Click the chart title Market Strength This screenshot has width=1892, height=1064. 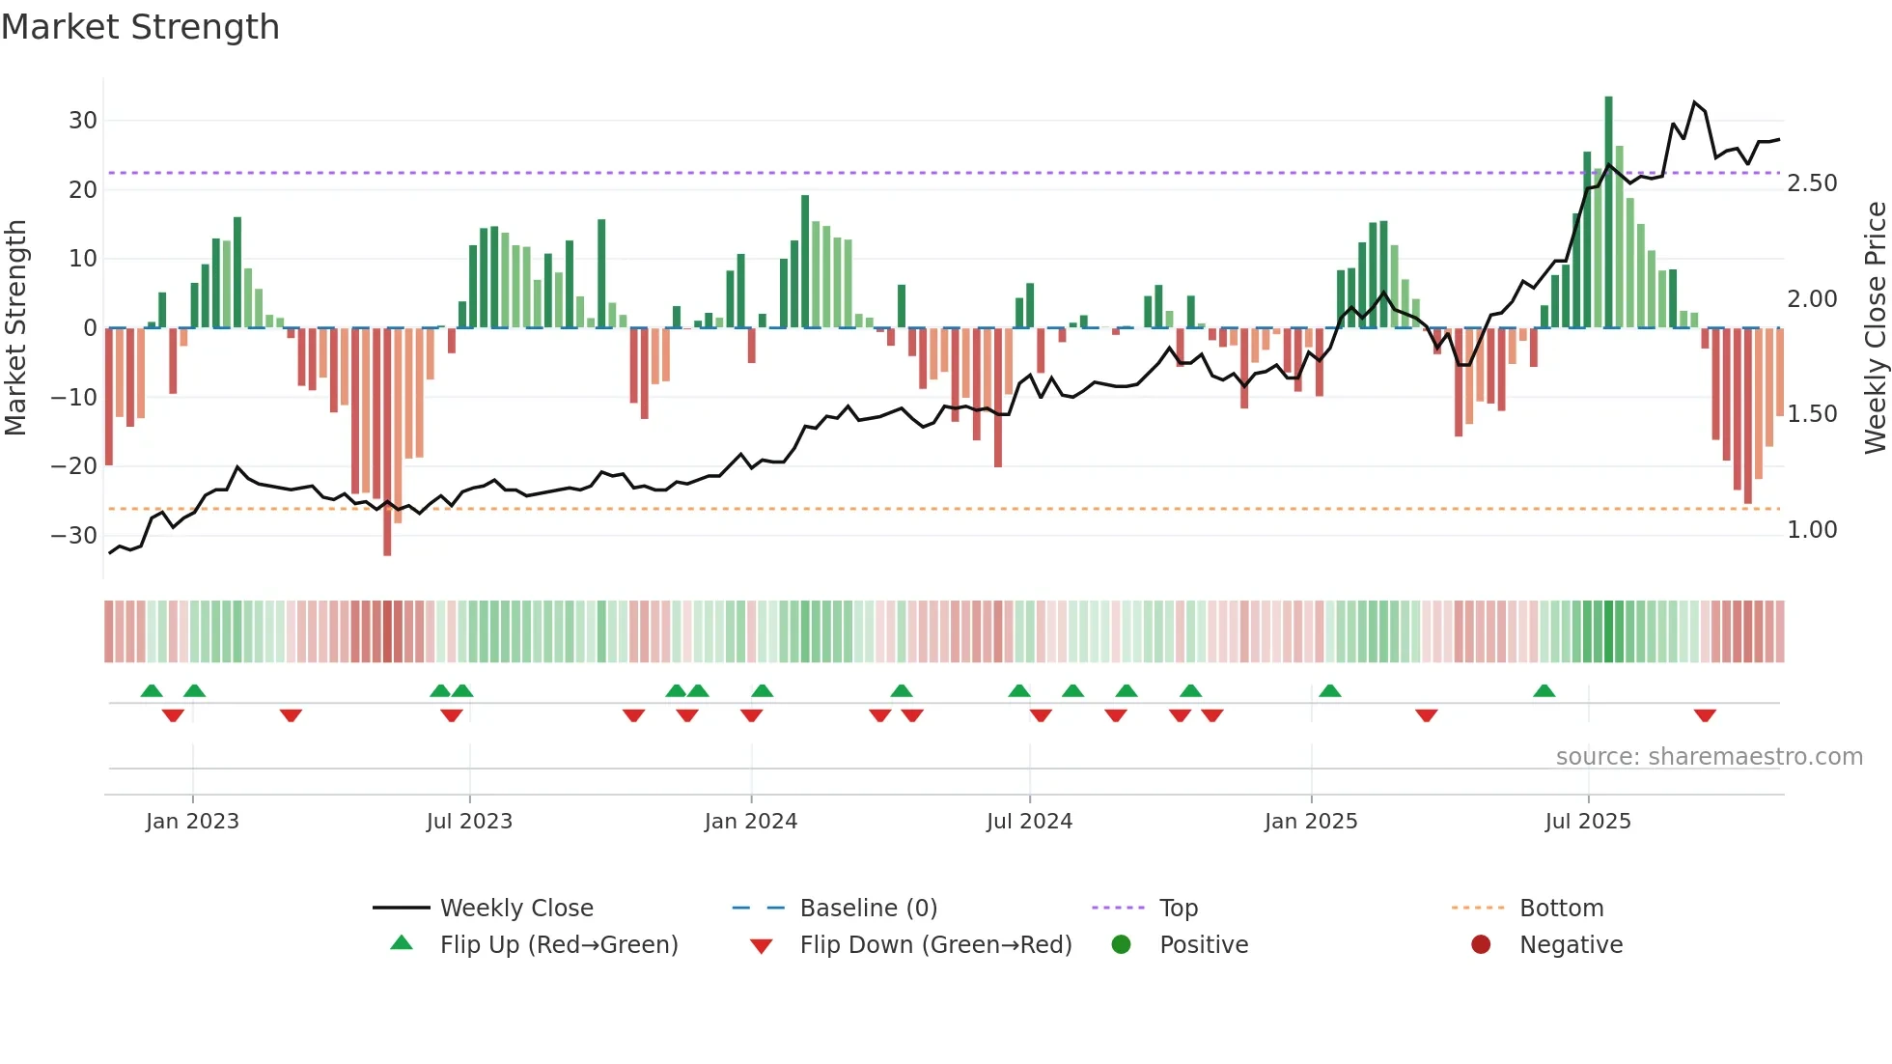[140, 27]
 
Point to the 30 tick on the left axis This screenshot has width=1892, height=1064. [83, 121]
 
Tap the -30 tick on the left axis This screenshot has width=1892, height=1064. [74, 535]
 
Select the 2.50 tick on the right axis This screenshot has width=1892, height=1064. [1812, 183]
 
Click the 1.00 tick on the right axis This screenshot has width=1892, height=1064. [1812, 530]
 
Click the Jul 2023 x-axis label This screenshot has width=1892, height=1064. [469, 822]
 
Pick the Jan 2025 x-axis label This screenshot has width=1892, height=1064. [1310, 822]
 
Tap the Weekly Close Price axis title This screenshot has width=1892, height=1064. [1875, 327]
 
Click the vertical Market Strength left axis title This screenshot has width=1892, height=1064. [15, 327]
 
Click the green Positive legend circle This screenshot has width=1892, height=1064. [1121, 945]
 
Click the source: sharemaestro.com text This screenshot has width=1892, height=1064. [1709, 757]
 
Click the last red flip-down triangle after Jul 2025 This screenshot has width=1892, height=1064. [1705, 715]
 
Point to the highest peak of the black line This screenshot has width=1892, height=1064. [1695, 102]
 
